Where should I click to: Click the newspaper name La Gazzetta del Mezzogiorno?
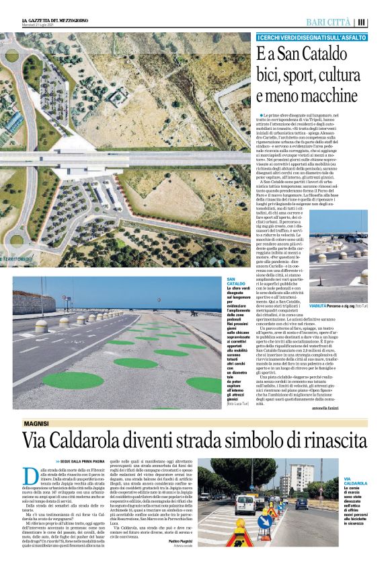coord(52,21)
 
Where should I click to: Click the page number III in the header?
coord(362,22)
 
